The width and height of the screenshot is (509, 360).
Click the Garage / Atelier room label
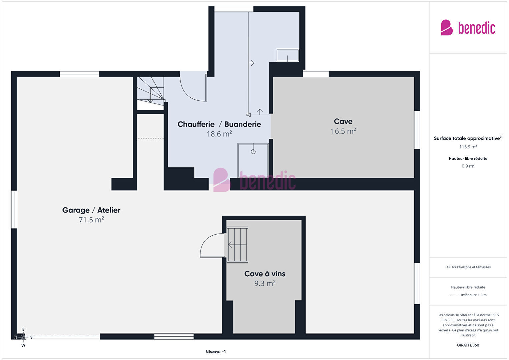91,210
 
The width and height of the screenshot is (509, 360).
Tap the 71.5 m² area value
91,220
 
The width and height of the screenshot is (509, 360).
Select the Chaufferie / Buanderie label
219,124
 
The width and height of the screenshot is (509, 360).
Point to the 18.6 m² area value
219,134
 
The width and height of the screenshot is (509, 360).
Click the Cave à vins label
265,274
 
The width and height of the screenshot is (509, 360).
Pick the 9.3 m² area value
265,283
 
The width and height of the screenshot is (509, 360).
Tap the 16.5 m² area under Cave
343,131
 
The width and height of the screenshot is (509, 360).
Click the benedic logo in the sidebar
468,27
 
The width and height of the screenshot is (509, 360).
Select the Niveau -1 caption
216,352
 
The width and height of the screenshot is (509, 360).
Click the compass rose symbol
23,337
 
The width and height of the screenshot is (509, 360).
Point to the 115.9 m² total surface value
468,147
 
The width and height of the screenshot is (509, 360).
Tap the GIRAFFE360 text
468,345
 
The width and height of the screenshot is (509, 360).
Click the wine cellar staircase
237,245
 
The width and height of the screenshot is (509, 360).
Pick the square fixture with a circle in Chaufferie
253,160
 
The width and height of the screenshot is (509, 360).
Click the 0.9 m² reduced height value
468,166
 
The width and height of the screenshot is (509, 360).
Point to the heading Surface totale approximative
467,138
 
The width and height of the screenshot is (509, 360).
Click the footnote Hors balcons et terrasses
468,267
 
